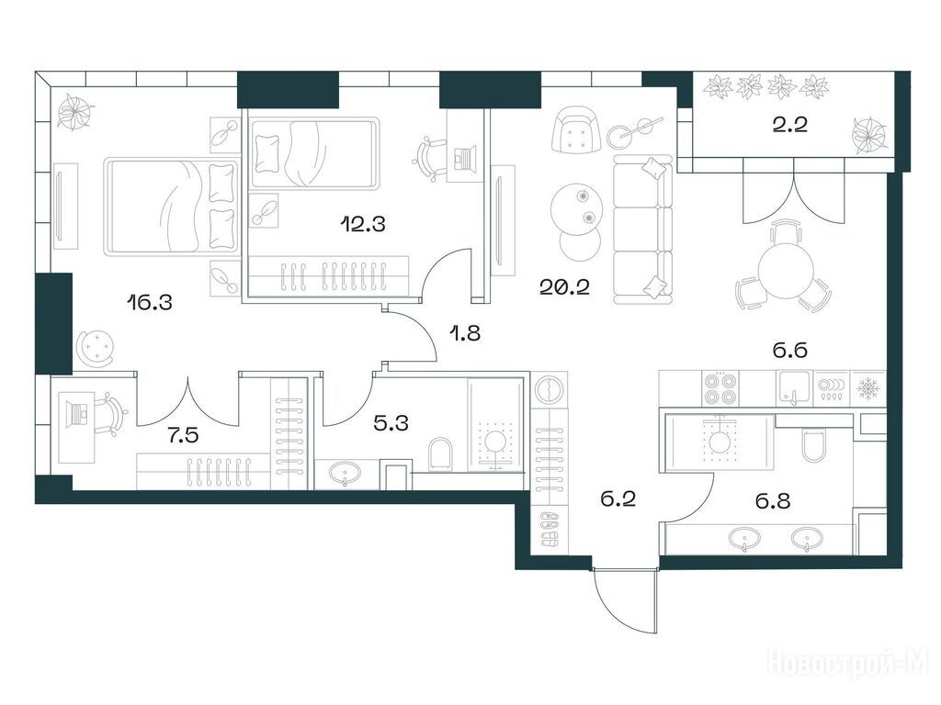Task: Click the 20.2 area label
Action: (x=565, y=287)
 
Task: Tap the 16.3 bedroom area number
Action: (x=150, y=302)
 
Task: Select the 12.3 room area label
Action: (x=362, y=224)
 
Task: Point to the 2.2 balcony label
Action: (x=789, y=125)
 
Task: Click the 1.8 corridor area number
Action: (x=465, y=332)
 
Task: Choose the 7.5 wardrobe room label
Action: (x=183, y=436)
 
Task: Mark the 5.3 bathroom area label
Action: (x=391, y=422)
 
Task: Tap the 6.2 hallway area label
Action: (x=618, y=498)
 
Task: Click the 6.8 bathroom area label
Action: (x=772, y=500)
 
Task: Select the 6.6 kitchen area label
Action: (x=789, y=350)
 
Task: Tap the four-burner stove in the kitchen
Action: (x=719, y=388)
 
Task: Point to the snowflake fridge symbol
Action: (x=867, y=389)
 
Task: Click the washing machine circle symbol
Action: (x=550, y=390)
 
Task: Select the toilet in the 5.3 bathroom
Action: (x=440, y=453)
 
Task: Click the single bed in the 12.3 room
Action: (x=315, y=154)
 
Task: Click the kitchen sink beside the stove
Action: (x=795, y=388)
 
